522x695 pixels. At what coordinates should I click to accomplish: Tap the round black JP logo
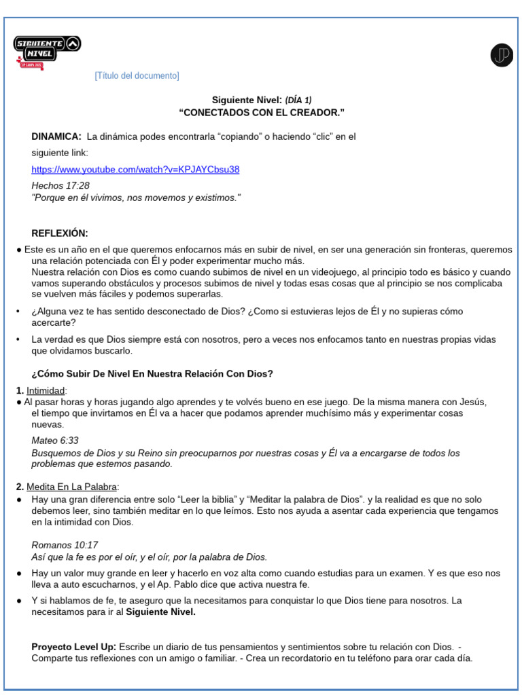point(502,56)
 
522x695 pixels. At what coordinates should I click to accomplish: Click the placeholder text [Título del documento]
point(137,76)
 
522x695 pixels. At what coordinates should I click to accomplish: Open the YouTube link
point(135,170)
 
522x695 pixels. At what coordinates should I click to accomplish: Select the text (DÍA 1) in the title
point(298,100)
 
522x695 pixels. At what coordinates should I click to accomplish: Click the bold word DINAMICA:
point(56,136)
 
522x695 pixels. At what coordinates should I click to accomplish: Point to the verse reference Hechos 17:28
point(60,185)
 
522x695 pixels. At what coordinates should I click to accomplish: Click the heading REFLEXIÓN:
point(60,233)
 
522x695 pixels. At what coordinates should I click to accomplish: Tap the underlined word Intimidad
point(46,391)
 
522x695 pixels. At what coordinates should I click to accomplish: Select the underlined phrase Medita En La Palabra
point(72,487)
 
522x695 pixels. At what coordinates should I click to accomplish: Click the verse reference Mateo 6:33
point(55,440)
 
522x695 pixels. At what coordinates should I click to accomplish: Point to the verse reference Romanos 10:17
point(65,545)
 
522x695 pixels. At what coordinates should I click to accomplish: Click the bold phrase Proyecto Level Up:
point(73,647)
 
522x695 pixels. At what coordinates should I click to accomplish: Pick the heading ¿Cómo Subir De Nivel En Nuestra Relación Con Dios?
point(152,374)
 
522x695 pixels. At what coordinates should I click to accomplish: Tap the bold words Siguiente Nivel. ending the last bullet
point(160,612)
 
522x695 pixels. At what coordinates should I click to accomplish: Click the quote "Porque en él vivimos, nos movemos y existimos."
point(136,198)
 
